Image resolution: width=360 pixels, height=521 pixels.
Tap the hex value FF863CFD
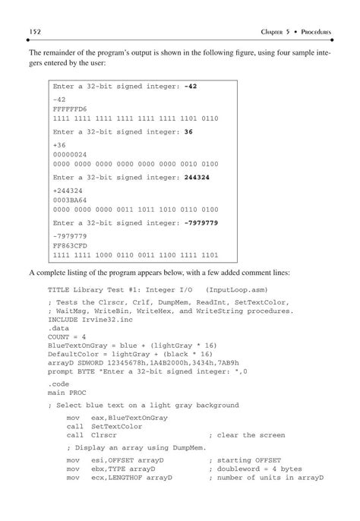(70, 245)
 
